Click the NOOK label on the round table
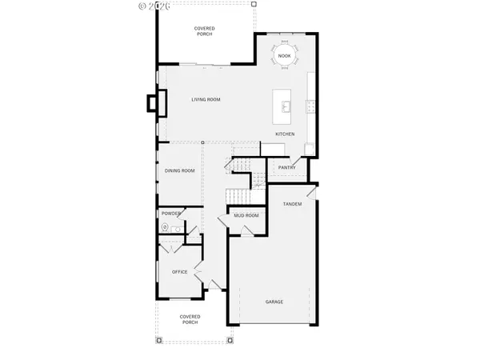pyautogui.click(x=285, y=55)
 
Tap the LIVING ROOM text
pyautogui.click(x=206, y=99)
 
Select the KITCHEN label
pyautogui.click(x=286, y=134)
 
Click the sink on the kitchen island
pyautogui.click(x=285, y=104)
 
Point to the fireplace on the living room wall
pyautogui.click(x=154, y=103)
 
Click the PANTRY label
pyautogui.click(x=287, y=168)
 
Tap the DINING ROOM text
pyautogui.click(x=180, y=170)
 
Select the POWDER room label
pyautogui.click(x=171, y=214)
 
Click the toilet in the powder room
pyautogui.click(x=166, y=227)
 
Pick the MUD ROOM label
pyautogui.click(x=246, y=216)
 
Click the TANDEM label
pyautogui.click(x=292, y=205)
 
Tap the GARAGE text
pyautogui.click(x=274, y=302)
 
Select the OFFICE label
pyautogui.click(x=180, y=272)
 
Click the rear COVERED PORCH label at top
pyautogui.click(x=205, y=31)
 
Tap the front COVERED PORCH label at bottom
pyautogui.click(x=190, y=320)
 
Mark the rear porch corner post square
pyautogui.click(x=254, y=4)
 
